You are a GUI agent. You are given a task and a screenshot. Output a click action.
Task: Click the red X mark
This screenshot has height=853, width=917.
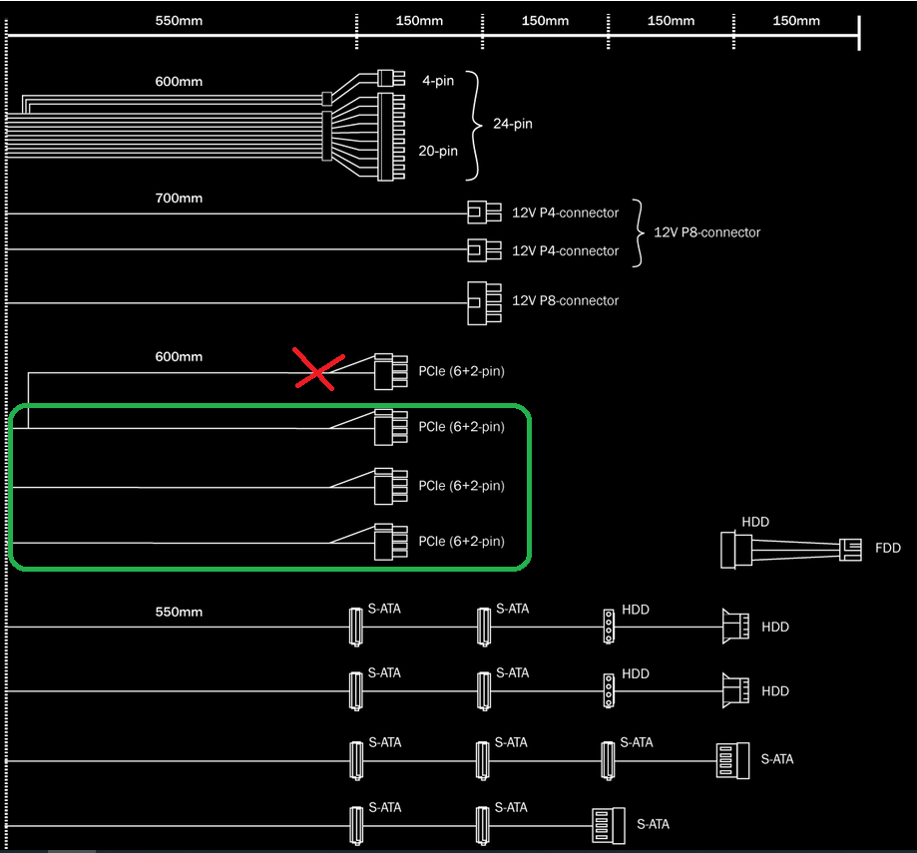tap(318, 369)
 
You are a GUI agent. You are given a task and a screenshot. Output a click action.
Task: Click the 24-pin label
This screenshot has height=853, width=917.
tap(512, 124)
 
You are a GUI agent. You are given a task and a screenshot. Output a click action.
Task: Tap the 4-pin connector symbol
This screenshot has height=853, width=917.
tap(391, 78)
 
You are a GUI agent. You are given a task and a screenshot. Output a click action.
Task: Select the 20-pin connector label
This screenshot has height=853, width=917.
tap(437, 151)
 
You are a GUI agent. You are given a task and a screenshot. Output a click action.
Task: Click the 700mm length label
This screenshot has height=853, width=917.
tap(179, 199)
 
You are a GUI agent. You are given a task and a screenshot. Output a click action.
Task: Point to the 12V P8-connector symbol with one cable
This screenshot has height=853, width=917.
tap(484, 303)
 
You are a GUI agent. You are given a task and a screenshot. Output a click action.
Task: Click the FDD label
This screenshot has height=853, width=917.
tap(888, 548)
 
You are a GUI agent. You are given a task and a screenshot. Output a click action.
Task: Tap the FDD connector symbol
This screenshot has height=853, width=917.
tap(850, 550)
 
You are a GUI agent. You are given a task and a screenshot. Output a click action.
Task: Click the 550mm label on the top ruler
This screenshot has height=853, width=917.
tap(179, 21)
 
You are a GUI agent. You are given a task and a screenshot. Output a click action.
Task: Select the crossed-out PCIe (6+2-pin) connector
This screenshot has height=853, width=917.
tap(391, 371)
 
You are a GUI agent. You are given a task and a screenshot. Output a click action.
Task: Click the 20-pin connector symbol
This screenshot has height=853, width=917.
tap(391, 137)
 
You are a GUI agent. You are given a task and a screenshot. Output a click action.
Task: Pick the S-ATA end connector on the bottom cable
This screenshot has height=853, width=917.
tap(609, 825)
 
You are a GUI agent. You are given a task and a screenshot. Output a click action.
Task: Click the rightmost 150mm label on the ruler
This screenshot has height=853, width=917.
tap(796, 21)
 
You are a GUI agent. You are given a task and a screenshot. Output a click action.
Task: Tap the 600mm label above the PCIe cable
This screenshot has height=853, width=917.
tap(179, 356)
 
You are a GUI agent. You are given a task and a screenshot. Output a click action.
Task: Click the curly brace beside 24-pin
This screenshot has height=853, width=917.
tap(474, 126)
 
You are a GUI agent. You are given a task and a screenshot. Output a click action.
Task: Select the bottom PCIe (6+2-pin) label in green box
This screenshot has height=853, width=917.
tap(461, 542)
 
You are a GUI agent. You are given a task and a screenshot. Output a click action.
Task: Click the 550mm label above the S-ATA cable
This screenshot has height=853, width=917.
tap(179, 613)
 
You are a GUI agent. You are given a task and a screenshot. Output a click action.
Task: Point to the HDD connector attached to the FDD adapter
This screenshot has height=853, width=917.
tap(735, 550)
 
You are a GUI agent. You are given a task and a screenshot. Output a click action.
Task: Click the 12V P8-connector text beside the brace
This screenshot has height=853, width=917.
tap(707, 232)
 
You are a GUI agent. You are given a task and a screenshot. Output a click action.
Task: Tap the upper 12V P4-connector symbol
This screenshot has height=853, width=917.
tap(484, 213)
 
